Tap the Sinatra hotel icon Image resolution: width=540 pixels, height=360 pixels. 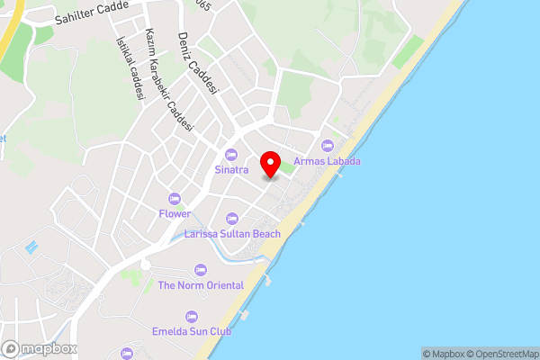[x=231, y=154]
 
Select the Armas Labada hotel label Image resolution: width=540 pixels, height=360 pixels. [x=328, y=161]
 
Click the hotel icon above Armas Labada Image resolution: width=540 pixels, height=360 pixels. [x=327, y=146]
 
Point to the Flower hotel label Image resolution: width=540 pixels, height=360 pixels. [x=175, y=214]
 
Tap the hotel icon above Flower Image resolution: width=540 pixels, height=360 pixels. [x=175, y=199]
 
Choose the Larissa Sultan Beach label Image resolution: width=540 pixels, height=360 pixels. [x=232, y=234]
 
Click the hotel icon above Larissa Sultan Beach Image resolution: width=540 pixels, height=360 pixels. [x=232, y=219]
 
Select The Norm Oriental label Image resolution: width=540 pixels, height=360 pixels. [x=201, y=285]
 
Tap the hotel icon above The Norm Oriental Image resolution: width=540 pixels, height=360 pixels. [x=201, y=270]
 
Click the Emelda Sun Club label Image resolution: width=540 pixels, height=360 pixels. [x=191, y=331]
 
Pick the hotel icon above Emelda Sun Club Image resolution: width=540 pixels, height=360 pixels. [x=191, y=316]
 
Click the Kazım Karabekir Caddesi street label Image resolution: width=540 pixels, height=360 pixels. [x=168, y=81]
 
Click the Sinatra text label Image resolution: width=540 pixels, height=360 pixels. [x=231, y=169]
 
